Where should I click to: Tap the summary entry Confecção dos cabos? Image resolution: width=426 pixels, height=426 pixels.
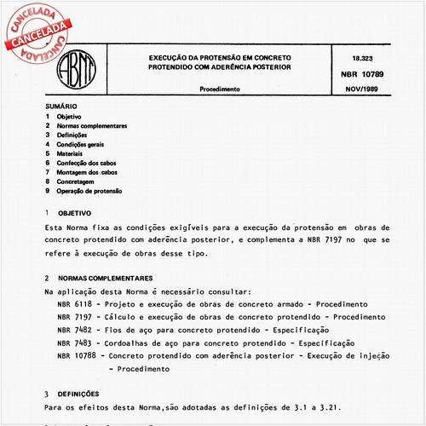pos(89,162)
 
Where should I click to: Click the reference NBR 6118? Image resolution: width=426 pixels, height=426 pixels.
pos(76,304)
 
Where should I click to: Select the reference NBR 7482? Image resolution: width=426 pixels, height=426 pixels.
pos(76,329)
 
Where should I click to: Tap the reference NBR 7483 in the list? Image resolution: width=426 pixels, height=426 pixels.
pos(76,343)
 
